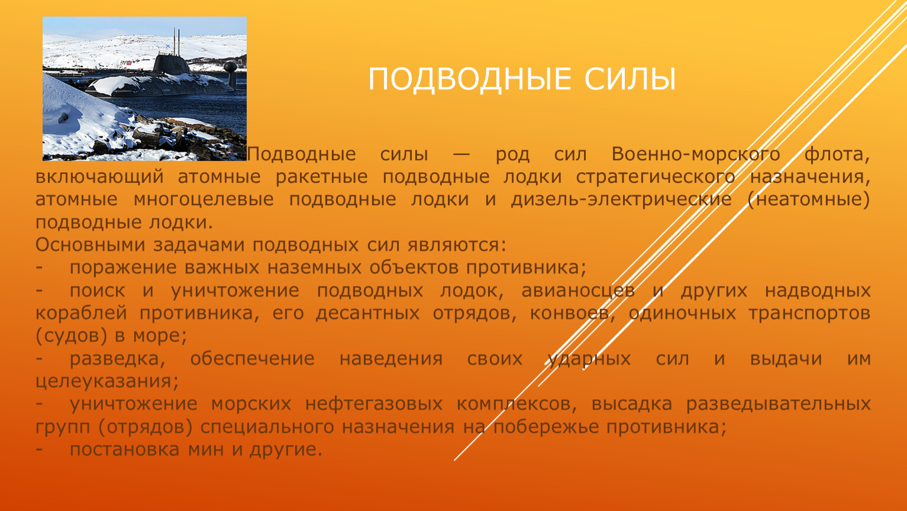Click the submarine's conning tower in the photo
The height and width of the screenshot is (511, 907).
(x=171, y=64)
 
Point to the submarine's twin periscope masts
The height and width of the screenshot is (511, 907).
(x=176, y=41)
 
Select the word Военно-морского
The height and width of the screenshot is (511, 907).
(x=696, y=154)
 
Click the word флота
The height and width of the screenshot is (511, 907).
(x=837, y=155)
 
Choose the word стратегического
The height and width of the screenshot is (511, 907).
(x=656, y=177)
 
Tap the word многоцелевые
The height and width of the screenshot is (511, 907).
(x=204, y=200)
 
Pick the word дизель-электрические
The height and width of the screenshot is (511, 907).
(x=621, y=200)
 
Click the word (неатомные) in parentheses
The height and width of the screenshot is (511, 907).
(x=809, y=200)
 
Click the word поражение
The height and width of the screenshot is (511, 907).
(x=123, y=268)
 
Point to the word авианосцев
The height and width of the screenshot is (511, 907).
(x=578, y=291)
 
